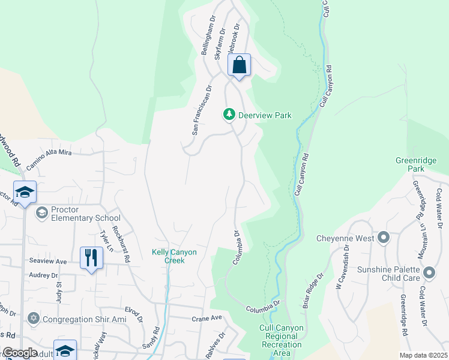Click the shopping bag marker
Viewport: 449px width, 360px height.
pos(239,65)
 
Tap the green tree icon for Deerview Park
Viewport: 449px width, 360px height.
pos(229,114)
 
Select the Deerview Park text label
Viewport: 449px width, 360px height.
pos(265,115)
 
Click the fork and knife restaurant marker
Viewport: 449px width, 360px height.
pos(91,258)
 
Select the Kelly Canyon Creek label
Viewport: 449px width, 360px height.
pos(174,257)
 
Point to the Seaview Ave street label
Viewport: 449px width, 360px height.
pos(48,262)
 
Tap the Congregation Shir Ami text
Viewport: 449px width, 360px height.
pos(85,319)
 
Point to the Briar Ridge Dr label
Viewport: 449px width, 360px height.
pos(312,291)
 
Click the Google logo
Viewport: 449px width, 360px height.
pos(20,353)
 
